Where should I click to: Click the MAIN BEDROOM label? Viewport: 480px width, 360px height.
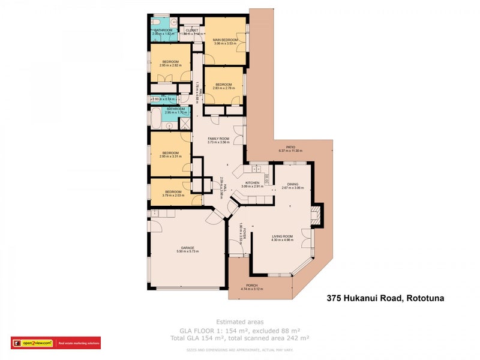[226, 40]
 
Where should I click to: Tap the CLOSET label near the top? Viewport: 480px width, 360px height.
[192, 29]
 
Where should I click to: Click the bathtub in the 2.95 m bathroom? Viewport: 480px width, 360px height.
[155, 118]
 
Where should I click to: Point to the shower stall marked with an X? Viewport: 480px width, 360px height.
[185, 124]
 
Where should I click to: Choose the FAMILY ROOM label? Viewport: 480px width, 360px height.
[218, 138]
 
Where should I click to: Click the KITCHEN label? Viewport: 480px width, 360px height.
[251, 182]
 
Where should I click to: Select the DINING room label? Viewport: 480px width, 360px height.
[293, 184]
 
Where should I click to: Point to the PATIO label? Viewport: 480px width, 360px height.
[290, 147]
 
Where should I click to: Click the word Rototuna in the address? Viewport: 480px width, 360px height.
[425, 298]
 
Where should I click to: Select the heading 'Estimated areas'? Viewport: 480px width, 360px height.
[239, 322]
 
